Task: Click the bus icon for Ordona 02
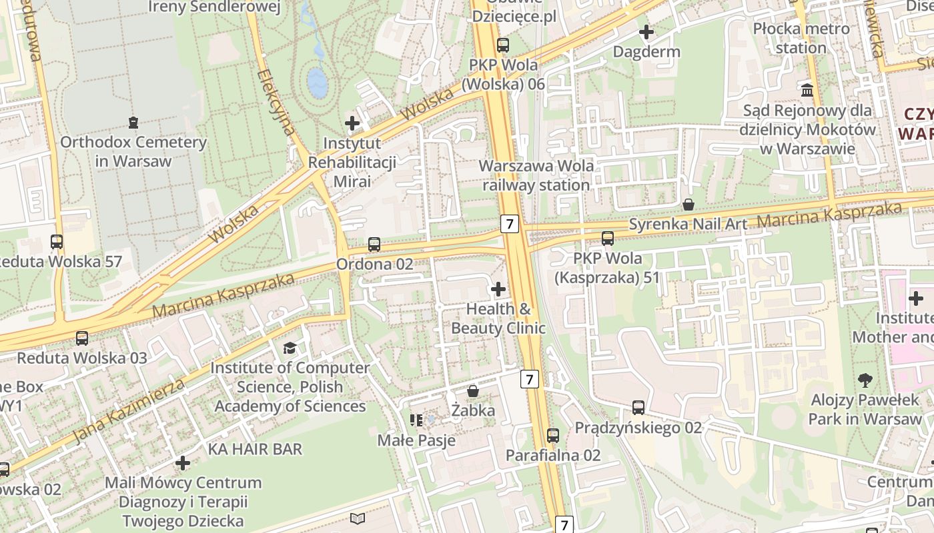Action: tap(374, 245)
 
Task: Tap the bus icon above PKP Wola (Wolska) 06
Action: tap(503, 45)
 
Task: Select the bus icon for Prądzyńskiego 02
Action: tap(638, 408)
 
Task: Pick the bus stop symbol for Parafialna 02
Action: tap(553, 436)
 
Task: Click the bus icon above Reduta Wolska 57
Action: tap(57, 242)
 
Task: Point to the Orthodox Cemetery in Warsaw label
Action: tap(133, 151)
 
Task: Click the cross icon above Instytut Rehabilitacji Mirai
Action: tap(352, 123)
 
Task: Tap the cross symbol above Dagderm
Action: tap(646, 32)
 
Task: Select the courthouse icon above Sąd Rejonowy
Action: tap(807, 90)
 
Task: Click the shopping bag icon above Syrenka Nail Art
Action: tap(688, 204)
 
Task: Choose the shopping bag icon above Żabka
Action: tap(473, 390)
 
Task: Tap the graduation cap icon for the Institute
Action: tap(290, 348)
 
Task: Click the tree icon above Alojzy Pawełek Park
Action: tap(865, 380)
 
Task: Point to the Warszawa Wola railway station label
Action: tap(536, 175)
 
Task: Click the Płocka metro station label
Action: tap(801, 38)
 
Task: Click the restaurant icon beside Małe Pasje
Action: tap(416, 420)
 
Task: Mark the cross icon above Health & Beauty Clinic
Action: tap(498, 289)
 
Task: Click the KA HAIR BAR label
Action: tap(255, 449)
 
